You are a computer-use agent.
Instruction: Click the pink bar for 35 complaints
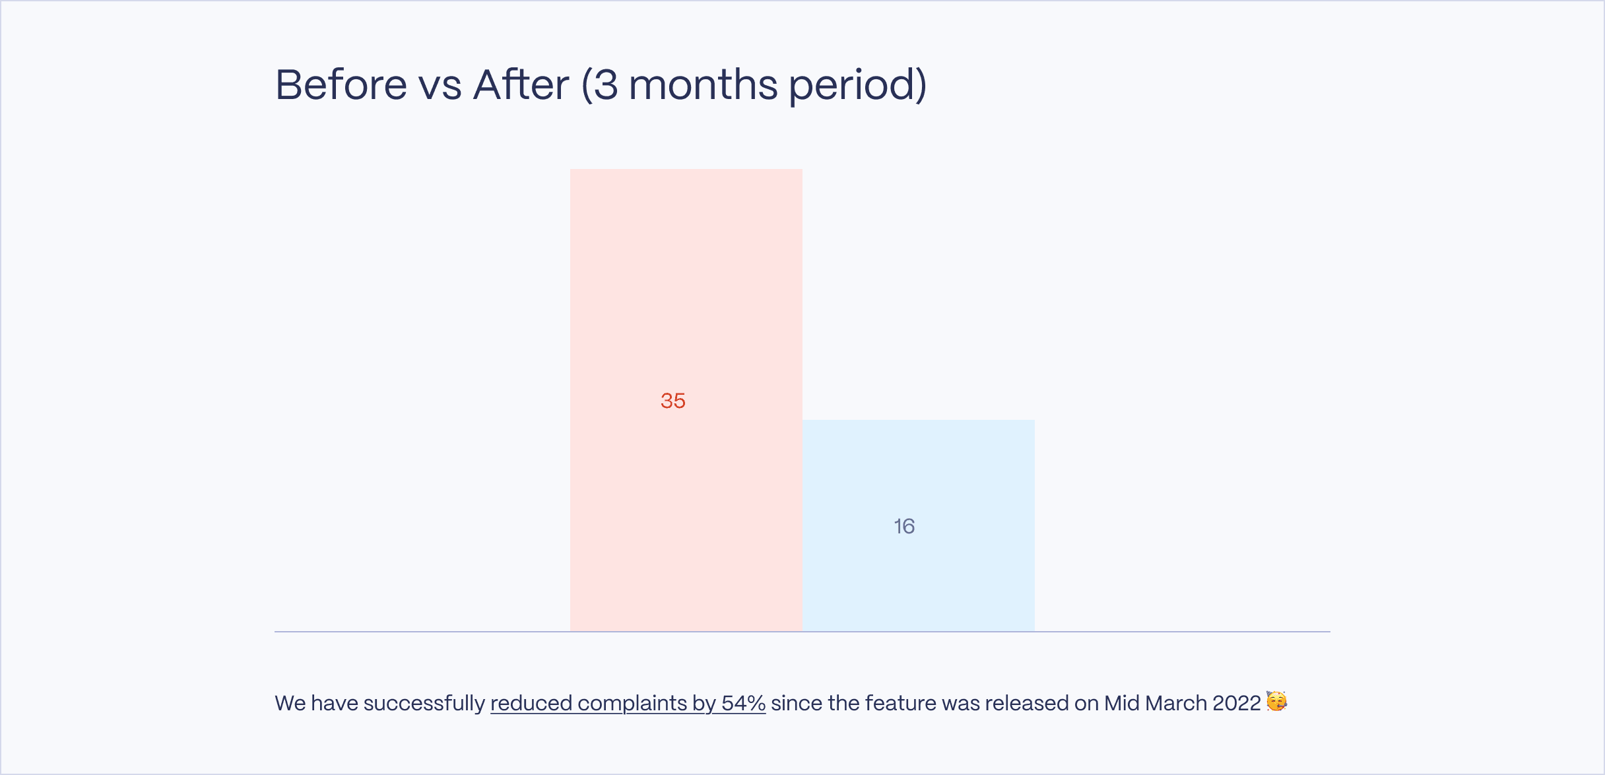(x=686, y=400)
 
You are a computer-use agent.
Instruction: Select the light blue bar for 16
(x=919, y=525)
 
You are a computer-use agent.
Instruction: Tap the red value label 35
(x=673, y=401)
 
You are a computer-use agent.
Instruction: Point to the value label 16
(x=904, y=526)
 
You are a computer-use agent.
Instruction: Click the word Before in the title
(x=341, y=84)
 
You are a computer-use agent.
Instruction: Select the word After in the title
(x=521, y=84)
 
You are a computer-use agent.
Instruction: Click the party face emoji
(x=1276, y=701)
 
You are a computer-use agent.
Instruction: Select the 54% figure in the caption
(x=744, y=703)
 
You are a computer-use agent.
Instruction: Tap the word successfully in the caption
(x=424, y=704)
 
